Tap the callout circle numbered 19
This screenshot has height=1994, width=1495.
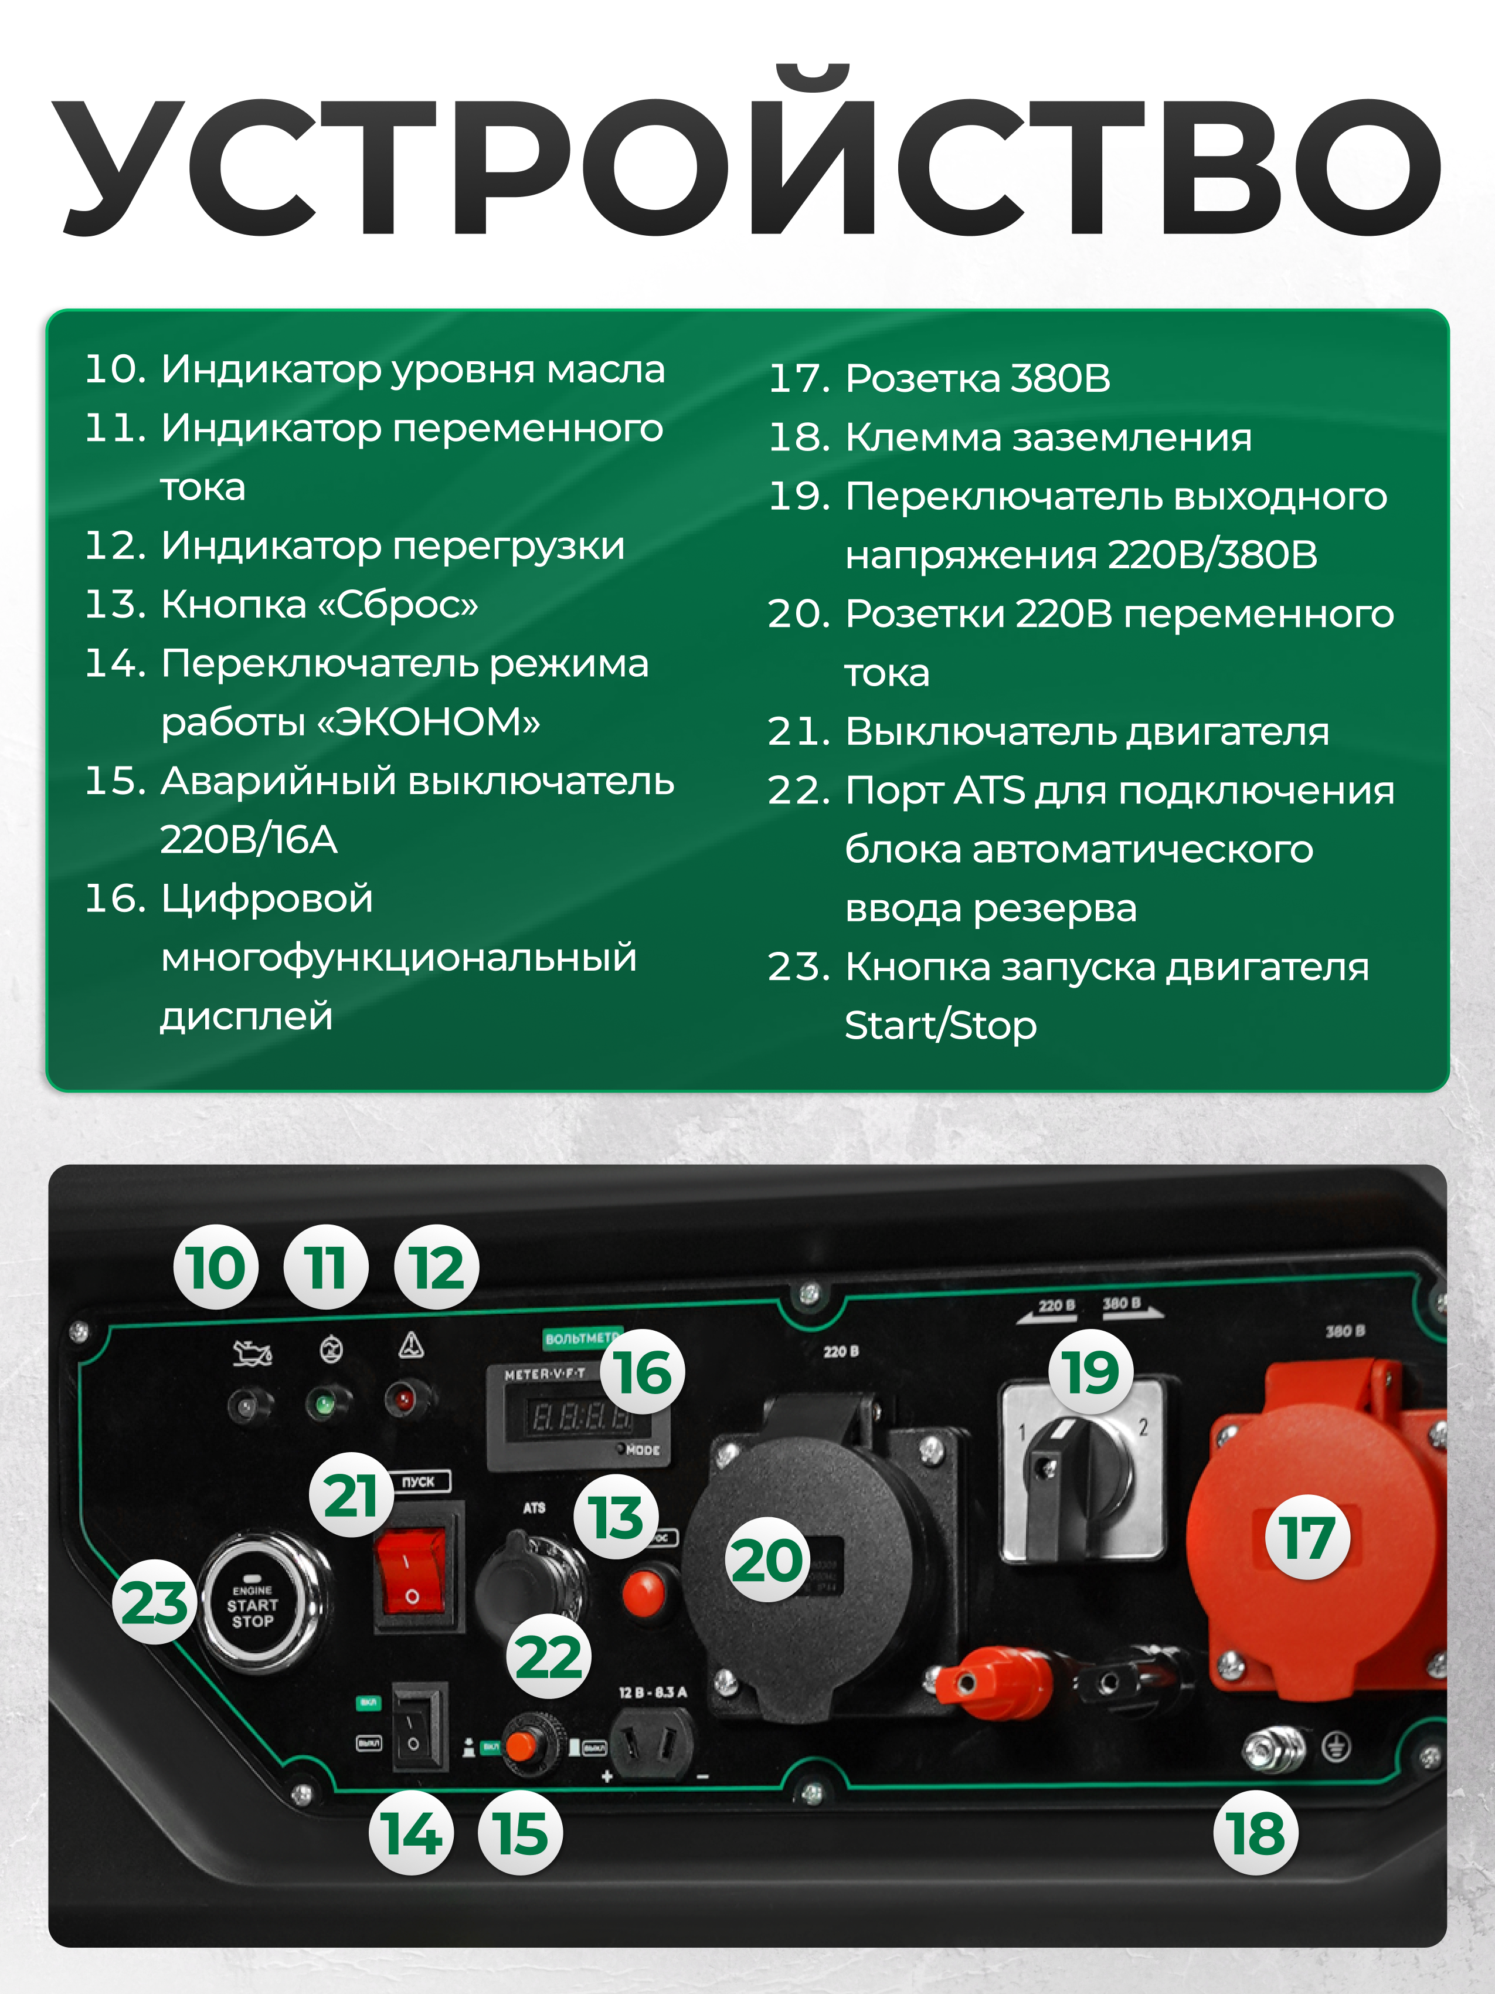pyautogui.click(x=1090, y=1371)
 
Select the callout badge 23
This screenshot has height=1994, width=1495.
pyautogui.click(x=154, y=1602)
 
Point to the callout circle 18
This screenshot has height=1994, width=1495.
pyautogui.click(x=1255, y=1833)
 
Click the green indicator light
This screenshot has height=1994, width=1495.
pyautogui.click(x=322, y=1403)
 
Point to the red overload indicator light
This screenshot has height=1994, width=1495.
pyautogui.click(x=402, y=1400)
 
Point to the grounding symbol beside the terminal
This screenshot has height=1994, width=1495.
pyautogui.click(x=1336, y=1748)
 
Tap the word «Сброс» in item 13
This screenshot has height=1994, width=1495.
pyautogui.click(x=398, y=604)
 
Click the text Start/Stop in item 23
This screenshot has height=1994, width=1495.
pyautogui.click(x=940, y=1026)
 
